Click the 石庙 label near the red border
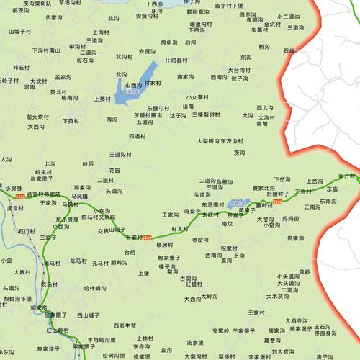click(289, 51)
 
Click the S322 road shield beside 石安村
click(147, 238)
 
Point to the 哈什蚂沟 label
click(94, 288)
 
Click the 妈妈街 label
click(290, 217)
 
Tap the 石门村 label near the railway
click(27, 231)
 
